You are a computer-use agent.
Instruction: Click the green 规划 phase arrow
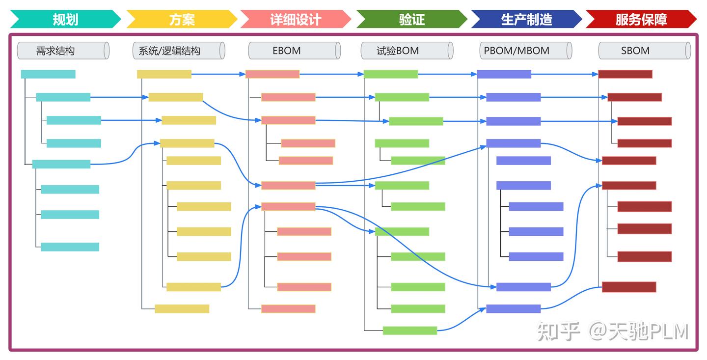click(65, 19)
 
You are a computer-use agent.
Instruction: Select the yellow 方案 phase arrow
click(182, 19)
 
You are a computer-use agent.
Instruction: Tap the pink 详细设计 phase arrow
click(296, 19)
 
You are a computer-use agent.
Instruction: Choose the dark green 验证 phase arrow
click(411, 19)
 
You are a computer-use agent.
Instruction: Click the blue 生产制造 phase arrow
click(526, 19)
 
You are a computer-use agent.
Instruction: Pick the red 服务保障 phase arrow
click(641, 19)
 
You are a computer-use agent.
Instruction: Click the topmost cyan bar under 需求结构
click(48, 74)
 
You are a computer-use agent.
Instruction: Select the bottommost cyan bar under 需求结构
click(70, 247)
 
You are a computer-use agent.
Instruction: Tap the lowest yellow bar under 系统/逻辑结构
click(182, 309)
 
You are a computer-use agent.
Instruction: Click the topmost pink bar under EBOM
click(272, 74)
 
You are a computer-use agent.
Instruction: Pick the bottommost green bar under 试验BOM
click(410, 331)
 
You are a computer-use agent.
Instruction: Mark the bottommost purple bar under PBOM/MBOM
click(513, 309)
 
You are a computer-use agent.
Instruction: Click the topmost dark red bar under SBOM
click(625, 74)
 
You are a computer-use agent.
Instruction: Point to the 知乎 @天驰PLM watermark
click(613, 332)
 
